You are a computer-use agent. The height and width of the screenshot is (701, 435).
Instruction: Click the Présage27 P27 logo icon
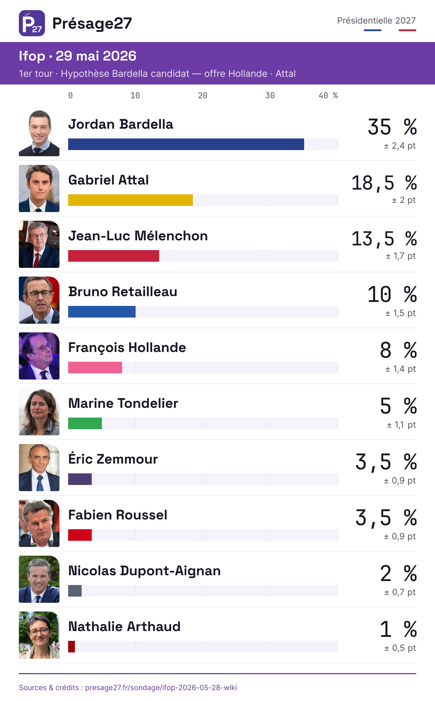click(32, 23)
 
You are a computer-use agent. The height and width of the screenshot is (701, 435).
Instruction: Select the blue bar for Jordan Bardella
click(186, 144)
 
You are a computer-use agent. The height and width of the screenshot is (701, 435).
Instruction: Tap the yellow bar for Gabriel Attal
click(130, 200)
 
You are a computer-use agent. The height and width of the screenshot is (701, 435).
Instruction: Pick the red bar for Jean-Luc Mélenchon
click(113, 256)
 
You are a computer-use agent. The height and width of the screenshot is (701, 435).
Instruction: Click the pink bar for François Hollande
click(95, 368)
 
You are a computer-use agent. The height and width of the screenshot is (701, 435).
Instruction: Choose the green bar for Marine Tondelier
click(85, 423)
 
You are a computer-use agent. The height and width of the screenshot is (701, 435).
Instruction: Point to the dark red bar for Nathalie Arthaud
click(71, 647)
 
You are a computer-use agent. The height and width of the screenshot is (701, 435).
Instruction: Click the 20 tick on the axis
click(203, 95)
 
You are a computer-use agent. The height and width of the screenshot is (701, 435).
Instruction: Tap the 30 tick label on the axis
click(270, 95)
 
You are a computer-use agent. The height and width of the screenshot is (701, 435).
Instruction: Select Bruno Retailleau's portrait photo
click(39, 300)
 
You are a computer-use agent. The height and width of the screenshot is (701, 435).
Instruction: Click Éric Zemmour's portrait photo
click(39, 468)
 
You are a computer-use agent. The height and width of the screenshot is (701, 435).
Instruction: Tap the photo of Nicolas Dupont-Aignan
click(39, 579)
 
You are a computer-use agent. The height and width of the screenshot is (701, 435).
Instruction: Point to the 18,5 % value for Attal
click(384, 183)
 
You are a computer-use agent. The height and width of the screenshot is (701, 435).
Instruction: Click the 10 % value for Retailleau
click(392, 294)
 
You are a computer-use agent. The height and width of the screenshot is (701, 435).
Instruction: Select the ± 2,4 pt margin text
click(400, 146)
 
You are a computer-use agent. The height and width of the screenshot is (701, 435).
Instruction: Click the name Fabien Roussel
click(118, 515)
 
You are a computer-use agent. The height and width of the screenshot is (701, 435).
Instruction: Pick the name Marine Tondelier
click(123, 403)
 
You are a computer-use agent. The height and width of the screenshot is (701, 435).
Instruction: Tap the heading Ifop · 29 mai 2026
click(78, 56)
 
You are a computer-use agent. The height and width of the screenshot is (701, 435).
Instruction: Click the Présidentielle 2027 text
click(377, 20)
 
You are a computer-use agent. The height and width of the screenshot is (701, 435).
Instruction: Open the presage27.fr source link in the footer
click(161, 688)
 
